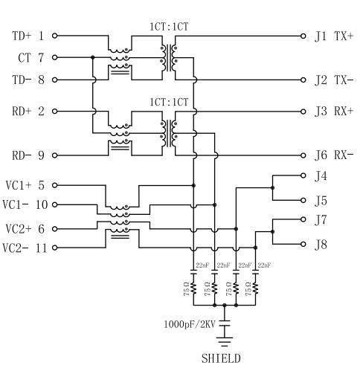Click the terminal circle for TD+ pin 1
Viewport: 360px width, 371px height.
[55, 36]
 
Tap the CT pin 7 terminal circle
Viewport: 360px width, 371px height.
[55, 57]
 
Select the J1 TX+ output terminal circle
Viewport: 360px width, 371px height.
[303, 36]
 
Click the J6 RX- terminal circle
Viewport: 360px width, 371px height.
[303, 155]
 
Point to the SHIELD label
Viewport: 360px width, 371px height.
[221, 358]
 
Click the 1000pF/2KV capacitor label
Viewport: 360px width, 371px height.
[190, 324]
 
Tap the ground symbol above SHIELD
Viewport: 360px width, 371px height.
[225, 341]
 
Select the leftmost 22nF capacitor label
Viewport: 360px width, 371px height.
[202, 265]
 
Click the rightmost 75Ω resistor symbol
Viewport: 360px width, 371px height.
[255, 288]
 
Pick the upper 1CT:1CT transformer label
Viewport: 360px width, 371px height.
[169, 27]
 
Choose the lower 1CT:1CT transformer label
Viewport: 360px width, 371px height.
[169, 102]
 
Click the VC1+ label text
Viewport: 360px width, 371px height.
[19, 185]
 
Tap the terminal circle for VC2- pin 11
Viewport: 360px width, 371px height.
[55, 248]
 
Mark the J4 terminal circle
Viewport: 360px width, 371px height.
[303, 175]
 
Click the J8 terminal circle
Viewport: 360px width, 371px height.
[303, 244]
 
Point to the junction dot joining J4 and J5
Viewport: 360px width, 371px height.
[273, 188]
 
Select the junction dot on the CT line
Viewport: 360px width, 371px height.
[93, 57]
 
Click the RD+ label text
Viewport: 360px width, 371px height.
[22, 112]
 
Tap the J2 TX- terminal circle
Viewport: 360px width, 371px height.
[303, 80]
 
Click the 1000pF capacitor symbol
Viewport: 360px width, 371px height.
[225, 324]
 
